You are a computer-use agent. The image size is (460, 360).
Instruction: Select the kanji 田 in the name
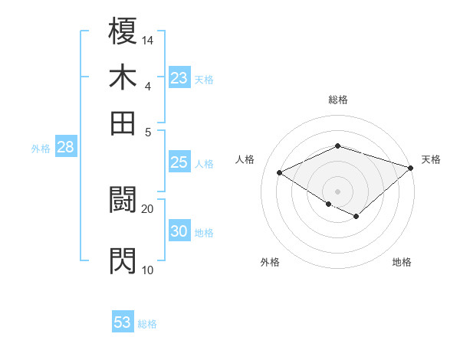pos(123,123)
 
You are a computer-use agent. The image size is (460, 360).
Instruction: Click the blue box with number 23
pos(179,78)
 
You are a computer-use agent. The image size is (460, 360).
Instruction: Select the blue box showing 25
pos(179,162)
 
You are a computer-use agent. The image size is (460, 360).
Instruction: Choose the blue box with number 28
pos(65,148)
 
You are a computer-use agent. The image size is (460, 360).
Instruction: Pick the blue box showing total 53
pos(123,322)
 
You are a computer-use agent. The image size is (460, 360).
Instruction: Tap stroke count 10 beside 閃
pos(148,270)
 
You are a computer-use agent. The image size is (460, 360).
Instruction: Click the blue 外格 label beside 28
pos(41,149)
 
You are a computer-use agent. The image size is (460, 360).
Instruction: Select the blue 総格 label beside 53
pos(147,324)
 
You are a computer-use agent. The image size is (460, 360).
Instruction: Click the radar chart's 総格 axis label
pos(338,100)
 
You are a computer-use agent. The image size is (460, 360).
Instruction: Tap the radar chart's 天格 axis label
pos(431,159)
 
